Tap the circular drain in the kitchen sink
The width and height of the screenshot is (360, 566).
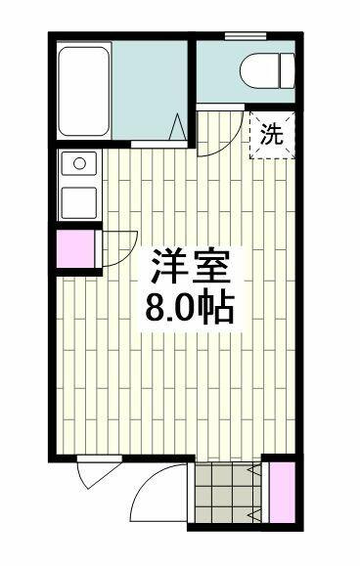[79, 163]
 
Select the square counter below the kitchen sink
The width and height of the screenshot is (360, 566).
[79, 203]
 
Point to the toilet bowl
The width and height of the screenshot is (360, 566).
[259, 70]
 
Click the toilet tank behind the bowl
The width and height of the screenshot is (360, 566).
[288, 70]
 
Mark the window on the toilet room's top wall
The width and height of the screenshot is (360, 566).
[246, 36]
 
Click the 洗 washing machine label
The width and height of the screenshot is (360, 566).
[272, 134]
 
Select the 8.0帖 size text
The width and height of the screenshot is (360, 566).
[191, 309]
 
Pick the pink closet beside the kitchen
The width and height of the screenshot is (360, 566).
[76, 248]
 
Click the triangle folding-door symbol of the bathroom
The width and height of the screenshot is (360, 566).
[178, 127]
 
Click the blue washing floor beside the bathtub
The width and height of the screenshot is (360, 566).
[150, 90]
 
